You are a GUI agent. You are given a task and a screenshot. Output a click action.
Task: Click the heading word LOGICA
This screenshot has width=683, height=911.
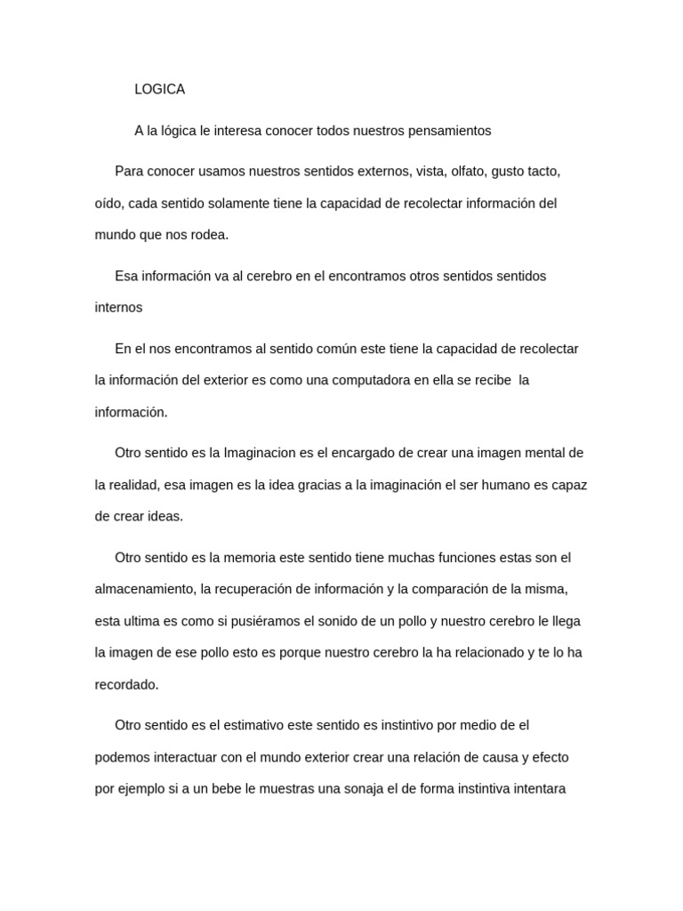(x=159, y=89)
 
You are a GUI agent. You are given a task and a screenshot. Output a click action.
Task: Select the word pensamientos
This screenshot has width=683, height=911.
(x=449, y=130)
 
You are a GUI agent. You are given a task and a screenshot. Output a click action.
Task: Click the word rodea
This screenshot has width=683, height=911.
(x=209, y=235)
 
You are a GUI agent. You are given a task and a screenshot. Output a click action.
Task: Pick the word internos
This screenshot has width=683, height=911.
(x=118, y=307)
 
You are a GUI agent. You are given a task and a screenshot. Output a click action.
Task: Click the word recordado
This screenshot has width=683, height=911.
(x=126, y=684)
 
